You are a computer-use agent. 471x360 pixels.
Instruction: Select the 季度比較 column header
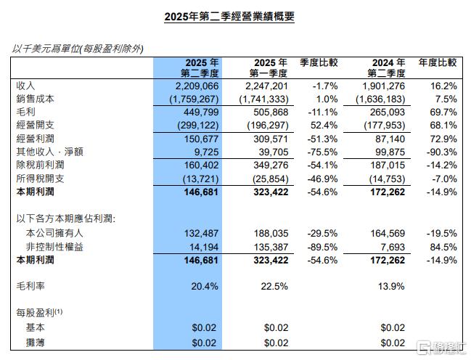pyautogui.click(x=319, y=63)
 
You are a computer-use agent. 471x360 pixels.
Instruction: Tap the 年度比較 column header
pyautogui.click(x=438, y=63)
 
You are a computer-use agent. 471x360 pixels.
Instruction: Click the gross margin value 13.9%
pyautogui.click(x=392, y=287)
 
